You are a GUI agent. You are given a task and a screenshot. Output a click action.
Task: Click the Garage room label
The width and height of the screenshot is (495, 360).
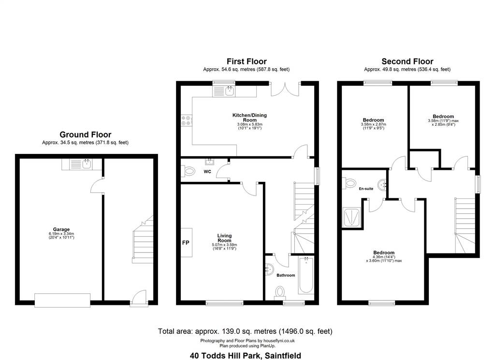coord(61,229)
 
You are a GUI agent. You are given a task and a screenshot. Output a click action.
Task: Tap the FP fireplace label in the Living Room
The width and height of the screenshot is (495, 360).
coord(186,243)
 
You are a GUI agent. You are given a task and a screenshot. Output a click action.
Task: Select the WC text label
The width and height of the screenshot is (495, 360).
coord(207,172)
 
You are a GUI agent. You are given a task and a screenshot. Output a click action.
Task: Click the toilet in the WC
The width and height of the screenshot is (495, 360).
coord(188,172)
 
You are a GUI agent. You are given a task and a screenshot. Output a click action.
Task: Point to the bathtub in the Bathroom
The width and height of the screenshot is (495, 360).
coord(306,276)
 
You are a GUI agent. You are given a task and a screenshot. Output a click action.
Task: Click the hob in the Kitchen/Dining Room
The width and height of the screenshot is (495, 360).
coord(186,120)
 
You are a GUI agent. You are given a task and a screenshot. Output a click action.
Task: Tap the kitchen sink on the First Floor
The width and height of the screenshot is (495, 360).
coord(230,91)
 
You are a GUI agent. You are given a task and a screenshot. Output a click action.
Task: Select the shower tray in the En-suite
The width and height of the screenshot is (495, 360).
coord(351,217)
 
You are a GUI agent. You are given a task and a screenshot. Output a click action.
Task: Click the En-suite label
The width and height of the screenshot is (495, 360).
coord(366,189)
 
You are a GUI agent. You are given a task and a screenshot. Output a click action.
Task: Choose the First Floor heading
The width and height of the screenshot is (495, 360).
coord(247,61)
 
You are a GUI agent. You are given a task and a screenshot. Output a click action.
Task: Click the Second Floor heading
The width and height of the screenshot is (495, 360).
coord(407,61)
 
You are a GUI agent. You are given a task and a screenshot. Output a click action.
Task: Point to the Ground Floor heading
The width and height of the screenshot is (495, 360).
coord(85,135)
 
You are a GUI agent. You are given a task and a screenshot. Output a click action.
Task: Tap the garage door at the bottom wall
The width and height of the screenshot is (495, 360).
coord(62,300)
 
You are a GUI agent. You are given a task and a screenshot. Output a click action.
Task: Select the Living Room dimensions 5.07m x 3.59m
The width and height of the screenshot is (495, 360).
coord(224,245)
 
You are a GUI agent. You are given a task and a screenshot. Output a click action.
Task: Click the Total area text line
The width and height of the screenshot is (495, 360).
coord(245,331)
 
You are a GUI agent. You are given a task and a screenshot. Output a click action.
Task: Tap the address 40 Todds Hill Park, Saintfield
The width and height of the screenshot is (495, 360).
coord(245,356)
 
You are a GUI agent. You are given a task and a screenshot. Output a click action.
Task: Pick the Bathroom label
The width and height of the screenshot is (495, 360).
coord(286,275)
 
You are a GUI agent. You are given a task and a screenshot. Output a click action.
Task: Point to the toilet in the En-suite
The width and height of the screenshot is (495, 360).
coord(349,183)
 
